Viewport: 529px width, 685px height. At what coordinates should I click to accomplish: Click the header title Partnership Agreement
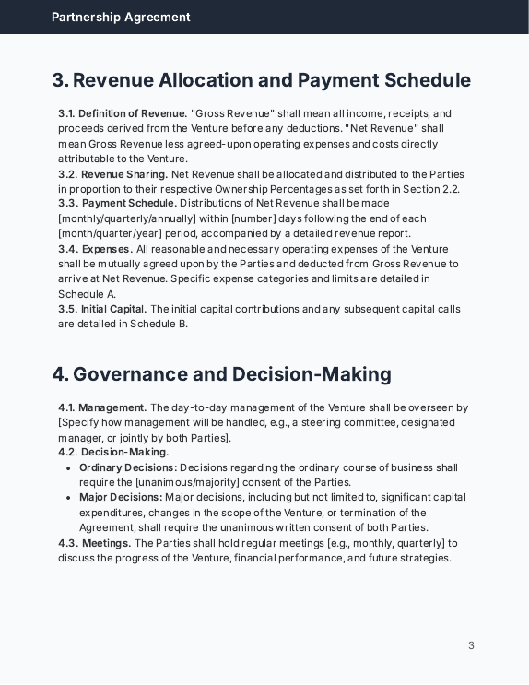121,17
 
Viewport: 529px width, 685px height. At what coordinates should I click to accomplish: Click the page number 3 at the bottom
471,645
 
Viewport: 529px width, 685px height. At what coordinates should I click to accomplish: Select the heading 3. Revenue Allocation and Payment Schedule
261,80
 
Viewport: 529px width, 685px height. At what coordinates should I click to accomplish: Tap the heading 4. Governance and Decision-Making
221,374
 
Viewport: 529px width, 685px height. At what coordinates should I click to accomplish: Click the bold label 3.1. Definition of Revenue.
123,114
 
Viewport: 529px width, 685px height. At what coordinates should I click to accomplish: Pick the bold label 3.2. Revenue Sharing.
113,174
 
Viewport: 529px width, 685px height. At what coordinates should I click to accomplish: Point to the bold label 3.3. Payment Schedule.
118,204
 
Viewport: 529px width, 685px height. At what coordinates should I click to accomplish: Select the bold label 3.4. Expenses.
95,249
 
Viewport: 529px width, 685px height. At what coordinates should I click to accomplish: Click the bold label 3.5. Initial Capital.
102,309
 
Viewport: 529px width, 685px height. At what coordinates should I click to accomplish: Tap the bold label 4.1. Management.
102,407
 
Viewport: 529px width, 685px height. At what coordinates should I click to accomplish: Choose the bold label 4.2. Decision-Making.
113,452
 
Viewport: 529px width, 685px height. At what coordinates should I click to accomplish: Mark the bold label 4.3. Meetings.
95,543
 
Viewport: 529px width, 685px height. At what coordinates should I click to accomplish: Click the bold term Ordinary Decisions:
128,467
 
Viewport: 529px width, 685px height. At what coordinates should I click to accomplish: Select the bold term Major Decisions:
121,498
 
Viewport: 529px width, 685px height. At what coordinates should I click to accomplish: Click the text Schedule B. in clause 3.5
159,324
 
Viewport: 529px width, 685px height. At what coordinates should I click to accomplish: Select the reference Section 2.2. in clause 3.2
431,189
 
